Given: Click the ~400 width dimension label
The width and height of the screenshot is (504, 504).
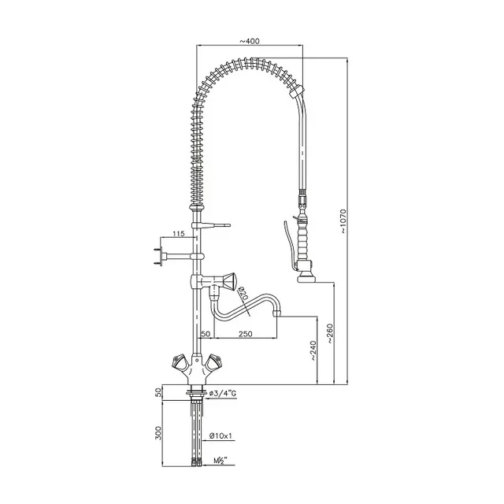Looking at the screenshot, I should point(251,41).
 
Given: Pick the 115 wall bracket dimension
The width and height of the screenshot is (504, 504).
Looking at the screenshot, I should point(179,234).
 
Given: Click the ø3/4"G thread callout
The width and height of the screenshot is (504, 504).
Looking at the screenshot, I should point(230,393).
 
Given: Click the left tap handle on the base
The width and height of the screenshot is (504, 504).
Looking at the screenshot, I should point(178,362).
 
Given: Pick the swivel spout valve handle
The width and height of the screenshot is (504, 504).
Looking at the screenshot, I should point(231,280).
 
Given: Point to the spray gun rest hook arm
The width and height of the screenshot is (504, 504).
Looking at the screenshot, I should point(217,227).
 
